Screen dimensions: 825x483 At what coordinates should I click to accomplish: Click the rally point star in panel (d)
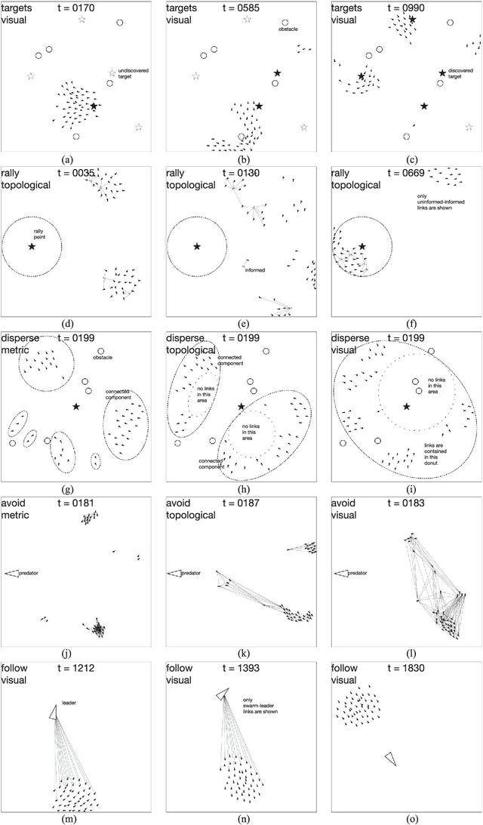pos(32,247)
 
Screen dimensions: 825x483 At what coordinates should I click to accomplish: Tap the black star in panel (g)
pos(75,407)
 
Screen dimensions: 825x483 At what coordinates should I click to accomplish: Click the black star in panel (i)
pos(407,407)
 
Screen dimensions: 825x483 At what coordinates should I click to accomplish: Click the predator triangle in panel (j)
pos(12,574)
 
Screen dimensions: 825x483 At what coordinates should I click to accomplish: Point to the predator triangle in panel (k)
pos(175,574)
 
